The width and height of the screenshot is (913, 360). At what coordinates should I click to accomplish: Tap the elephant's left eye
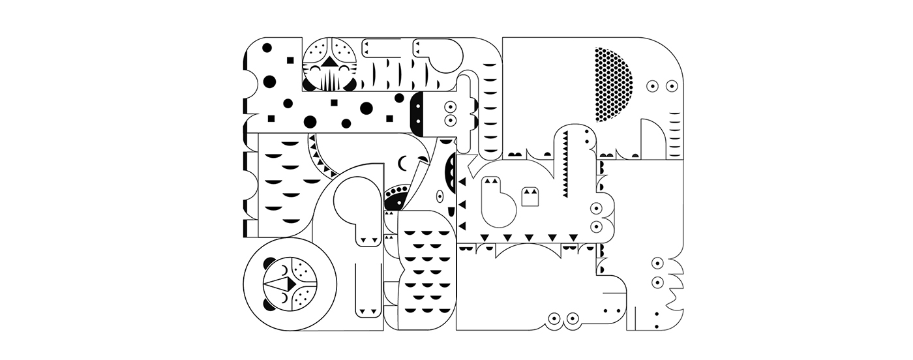pos(652,85)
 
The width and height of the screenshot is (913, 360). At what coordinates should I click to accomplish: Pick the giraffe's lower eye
pos(449,120)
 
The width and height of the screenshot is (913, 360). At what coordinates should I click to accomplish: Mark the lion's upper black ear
pos(269,263)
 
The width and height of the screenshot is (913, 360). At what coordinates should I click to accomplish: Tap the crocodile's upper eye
pos(595,209)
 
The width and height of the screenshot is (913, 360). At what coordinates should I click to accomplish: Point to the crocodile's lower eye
pos(595,226)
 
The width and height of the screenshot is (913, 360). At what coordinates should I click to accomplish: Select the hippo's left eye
pos(555,318)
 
